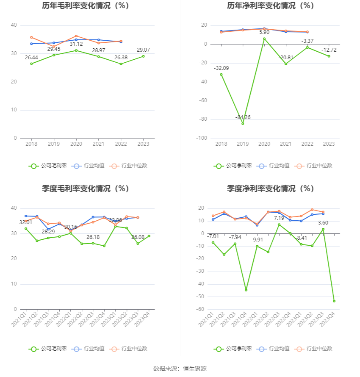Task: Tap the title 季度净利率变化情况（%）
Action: [270, 189]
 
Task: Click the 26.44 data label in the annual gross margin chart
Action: [31, 57]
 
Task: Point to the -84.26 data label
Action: [243, 117]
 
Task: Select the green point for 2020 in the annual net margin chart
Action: [264, 39]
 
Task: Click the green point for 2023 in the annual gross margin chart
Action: [143, 56]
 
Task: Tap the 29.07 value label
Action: [143, 50]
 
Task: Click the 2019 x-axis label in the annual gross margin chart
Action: [53, 144]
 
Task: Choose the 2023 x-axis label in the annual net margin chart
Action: [329, 144]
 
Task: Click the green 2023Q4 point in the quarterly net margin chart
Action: [334, 301]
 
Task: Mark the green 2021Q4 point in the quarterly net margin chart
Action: [246, 290]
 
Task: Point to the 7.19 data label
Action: [279, 218]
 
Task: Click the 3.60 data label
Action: [323, 223]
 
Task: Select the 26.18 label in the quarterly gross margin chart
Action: [93, 237]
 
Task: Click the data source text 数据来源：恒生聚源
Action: [180, 369]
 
